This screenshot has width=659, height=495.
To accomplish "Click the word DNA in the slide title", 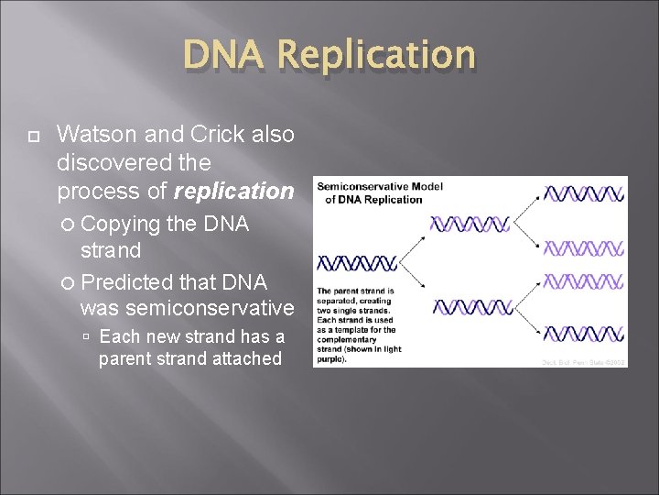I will click(223, 56).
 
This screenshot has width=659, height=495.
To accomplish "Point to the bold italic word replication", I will click(233, 192).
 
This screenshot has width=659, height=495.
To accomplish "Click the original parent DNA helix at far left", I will click(356, 263).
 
